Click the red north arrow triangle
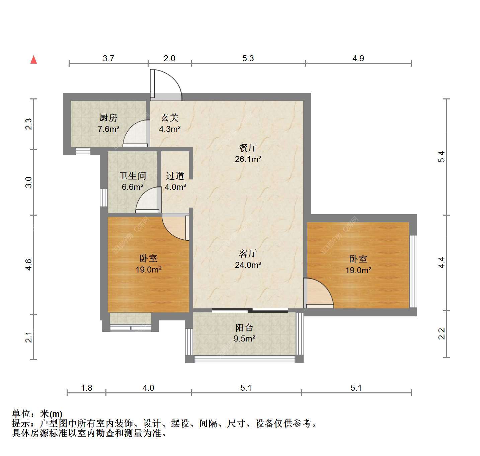tap(34, 60)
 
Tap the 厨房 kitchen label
tap(108, 118)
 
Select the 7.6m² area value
tap(108, 129)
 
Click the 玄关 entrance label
tap(170, 118)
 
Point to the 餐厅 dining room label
tap(248, 148)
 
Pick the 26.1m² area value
tap(248, 159)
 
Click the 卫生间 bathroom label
tap(133, 176)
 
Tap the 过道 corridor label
tap(175, 176)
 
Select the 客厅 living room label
tap(248, 253)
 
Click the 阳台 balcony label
tap(244, 328)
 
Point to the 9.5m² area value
tap(244, 339)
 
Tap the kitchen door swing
tap(131, 129)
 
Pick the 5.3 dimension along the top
tap(248, 58)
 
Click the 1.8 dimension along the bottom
tap(86, 388)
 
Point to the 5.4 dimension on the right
tap(442, 157)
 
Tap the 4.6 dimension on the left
tap(28, 264)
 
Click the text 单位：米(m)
tap(37, 414)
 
